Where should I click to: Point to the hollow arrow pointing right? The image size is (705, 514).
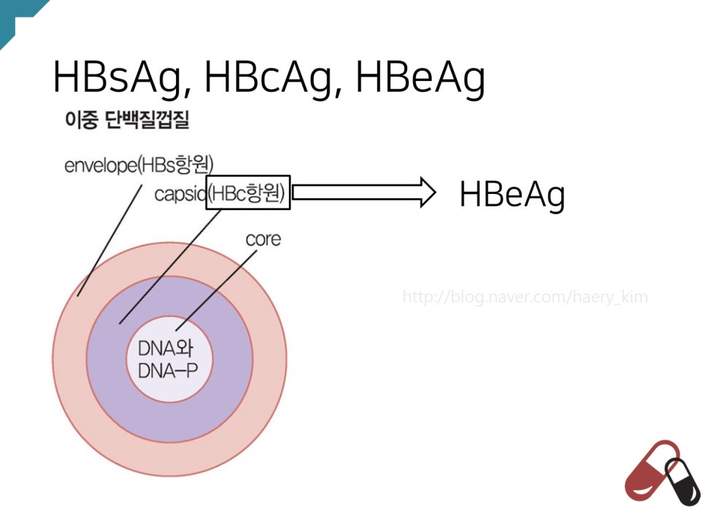pyautogui.click(x=363, y=192)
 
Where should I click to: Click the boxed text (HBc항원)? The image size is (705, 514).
pyautogui.click(x=248, y=192)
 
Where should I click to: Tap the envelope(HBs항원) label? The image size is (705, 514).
pyautogui.click(x=139, y=165)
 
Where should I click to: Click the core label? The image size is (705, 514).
pyautogui.click(x=263, y=239)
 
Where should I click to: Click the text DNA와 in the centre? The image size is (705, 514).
pyautogui.click(x=169, y=348)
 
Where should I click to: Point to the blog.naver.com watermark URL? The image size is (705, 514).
pyautogui.click(x=525, y=297)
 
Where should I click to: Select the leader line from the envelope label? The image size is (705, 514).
pyautogui.click(x=109, y=241)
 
